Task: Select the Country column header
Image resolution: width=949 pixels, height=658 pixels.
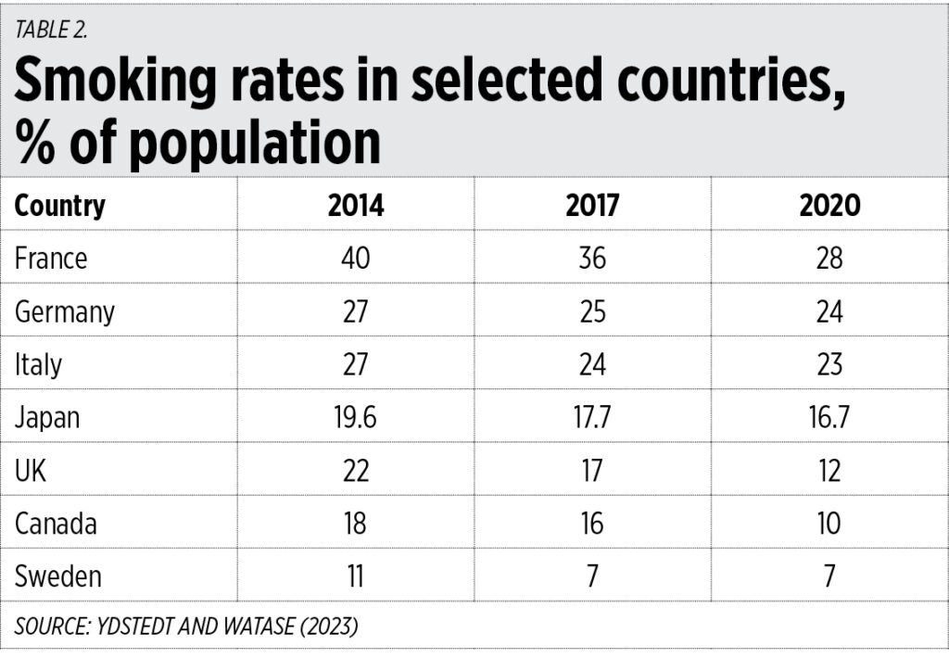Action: coord(60,205)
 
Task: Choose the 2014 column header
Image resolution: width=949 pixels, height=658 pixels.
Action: coord(355,205)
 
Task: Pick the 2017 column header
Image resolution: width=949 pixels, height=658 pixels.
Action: coord(592,205)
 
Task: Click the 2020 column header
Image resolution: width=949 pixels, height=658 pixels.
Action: coord(829,205)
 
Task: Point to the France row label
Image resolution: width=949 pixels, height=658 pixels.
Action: coord(51,258)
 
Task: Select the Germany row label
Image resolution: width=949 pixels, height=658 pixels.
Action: coord(65,311)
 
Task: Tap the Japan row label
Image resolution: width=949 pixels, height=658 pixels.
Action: coord(47,418)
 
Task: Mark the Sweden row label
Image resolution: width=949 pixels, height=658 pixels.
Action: coord(58,576)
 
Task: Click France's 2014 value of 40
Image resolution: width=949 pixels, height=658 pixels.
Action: coord(355,258)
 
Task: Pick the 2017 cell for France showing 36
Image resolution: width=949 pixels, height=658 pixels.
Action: coord(592,258)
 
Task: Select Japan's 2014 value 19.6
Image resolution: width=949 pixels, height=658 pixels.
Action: coord(355,418)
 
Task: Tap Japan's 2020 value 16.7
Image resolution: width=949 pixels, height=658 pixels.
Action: coord(829,418)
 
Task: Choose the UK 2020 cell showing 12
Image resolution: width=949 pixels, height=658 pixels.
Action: coord(829,471)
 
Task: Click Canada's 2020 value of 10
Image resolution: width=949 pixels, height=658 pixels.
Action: coord(829,524)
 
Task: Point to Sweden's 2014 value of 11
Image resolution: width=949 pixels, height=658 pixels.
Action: coord(355,576)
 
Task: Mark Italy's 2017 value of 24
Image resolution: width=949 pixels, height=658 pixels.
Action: coord(592,364)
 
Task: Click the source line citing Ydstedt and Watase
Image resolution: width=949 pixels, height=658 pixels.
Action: coord(185,626)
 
